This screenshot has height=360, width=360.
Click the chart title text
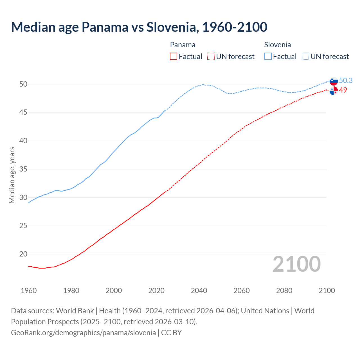click(x=139, y=27)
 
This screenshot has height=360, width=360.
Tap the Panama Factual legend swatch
click(x=174, y=57)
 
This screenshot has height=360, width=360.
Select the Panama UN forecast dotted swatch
click(x=211, y=57)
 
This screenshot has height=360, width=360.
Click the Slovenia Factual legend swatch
click(x=268, y=57)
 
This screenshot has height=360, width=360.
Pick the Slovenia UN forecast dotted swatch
click(x=305, y=57)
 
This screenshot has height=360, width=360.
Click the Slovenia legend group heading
click(x=277, y=45)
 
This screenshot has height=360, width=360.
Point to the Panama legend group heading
click(x=183, y=45)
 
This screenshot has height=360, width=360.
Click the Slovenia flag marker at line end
click(x=334, y=81)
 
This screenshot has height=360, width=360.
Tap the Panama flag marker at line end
click(x=334, y=91)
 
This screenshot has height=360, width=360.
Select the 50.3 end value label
click(x=346, y=81)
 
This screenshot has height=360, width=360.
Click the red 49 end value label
click(x=343, y=90)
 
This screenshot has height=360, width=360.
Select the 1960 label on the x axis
click(x=29, y=291)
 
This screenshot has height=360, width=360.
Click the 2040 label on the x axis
click(x=199, y=291)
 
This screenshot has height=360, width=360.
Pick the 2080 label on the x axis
click(x=284, y=291)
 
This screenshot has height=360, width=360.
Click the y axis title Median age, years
click(x=12, y=175)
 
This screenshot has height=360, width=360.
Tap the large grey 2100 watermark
click(x=296, y=264)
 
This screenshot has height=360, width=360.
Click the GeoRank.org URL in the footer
click(x=83, y=333)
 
